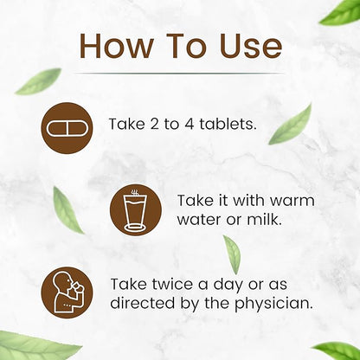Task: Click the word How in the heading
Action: tap(116, 46)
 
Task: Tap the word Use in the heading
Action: tap(251, 46)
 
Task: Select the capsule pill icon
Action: tap(67, 128)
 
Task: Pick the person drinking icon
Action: tap(67, 292)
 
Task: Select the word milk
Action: tap(264, 219)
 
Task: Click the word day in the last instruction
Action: tap(228, 285)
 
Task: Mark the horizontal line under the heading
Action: tap(179, 74)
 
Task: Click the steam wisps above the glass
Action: tap(134, 192)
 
